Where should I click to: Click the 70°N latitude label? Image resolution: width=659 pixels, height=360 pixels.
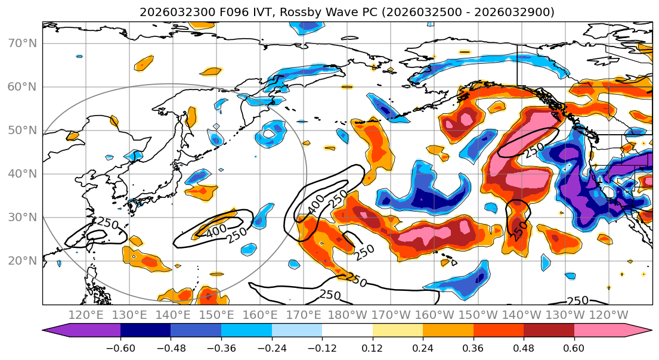pyautogui.click(x=22, y=44)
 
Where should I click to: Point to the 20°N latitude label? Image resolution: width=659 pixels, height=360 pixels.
pyautogui.click(x=22, y=261)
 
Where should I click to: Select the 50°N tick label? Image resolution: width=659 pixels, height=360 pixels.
pyautogui.click(x=22, y=131)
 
